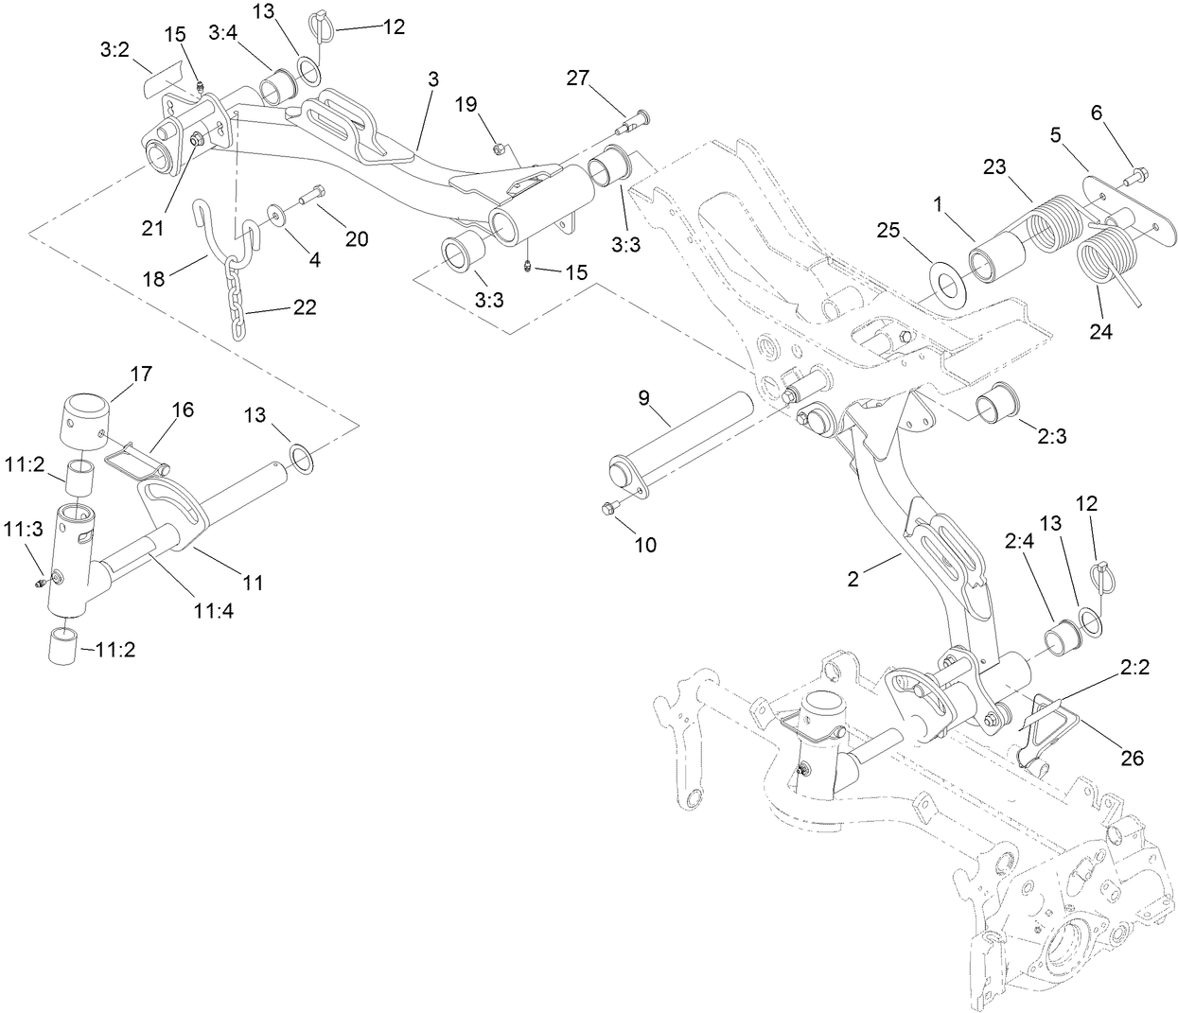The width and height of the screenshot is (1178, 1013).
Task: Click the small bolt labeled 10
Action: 609,510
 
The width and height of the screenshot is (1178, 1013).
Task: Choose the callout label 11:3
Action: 23,530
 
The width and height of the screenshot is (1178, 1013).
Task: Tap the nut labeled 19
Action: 497,147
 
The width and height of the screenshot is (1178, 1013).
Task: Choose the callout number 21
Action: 152,227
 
